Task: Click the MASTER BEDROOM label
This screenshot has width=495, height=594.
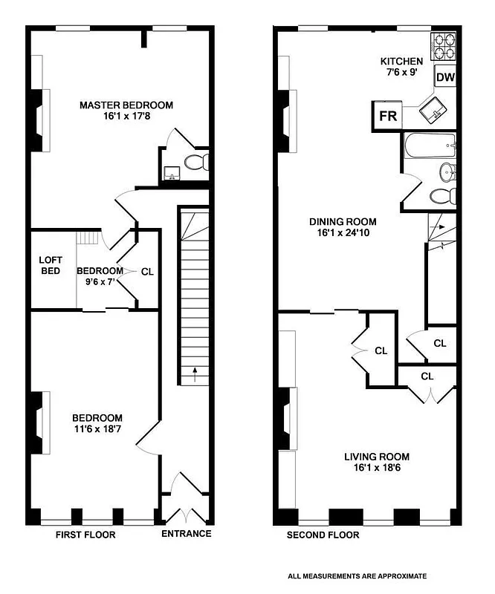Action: point(126,105)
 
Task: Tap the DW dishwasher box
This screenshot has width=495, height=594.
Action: point(444,77)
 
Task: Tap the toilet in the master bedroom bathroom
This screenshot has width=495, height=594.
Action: point(198,163)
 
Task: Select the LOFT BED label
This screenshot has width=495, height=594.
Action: point(51,265)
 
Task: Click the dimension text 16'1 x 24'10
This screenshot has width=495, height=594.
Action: point(343,233)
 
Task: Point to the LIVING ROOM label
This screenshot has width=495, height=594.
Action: point(376,457)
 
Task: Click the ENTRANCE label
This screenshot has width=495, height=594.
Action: point(186,534)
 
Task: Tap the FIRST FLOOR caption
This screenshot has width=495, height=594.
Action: point(86,535)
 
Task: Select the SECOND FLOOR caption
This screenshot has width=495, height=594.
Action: point(323,535)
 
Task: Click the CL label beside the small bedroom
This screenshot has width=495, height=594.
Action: point(147,272)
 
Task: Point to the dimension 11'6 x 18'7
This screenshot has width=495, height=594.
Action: point(97,430)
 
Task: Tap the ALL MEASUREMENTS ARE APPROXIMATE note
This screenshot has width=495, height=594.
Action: point(357,576)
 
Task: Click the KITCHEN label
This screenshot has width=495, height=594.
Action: point(401,62)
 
